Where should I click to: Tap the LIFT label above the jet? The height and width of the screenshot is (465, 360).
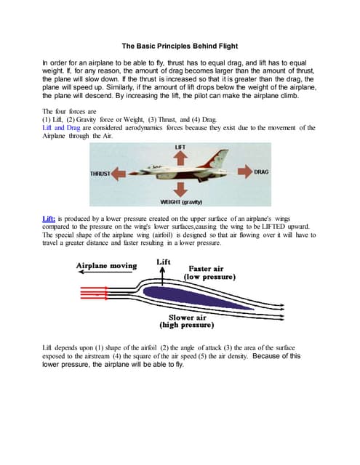(x=180, y=147)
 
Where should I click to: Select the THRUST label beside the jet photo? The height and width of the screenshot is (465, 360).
(x=100, y=174)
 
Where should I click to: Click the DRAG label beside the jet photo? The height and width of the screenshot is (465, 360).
(x=262, y=172)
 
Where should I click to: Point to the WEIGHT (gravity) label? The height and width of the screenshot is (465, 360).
(x=181, y=201)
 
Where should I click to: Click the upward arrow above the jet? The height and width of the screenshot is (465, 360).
(x=180, y=158)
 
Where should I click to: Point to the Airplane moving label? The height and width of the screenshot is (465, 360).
(x=106, y=266)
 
